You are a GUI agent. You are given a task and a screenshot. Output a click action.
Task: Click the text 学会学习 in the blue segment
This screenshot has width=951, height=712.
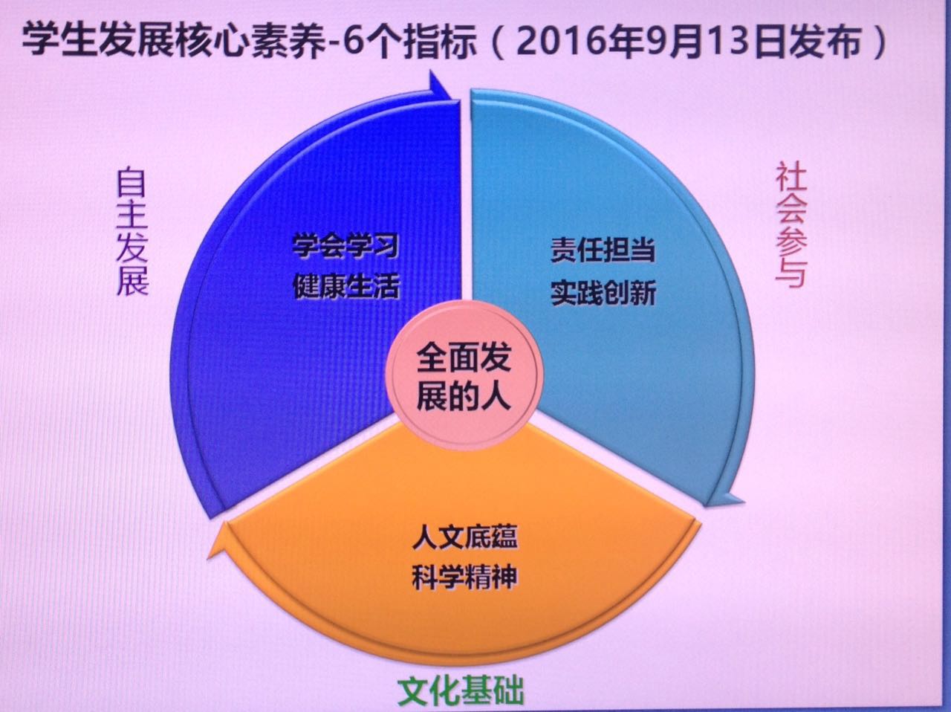click(x=345, y=245)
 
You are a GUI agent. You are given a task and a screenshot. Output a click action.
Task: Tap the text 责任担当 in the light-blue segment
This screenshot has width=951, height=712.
click(x=603, y=250)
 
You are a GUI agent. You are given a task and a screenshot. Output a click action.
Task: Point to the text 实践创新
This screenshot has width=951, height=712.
click(x=603, y=293)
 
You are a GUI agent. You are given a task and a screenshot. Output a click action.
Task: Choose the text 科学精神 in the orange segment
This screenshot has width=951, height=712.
click(x=464, y=578)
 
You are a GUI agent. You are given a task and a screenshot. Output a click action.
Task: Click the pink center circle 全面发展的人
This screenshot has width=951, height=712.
click(x=464, y=376)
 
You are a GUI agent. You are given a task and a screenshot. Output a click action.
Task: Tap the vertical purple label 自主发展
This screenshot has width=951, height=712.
click(x=132, y=231)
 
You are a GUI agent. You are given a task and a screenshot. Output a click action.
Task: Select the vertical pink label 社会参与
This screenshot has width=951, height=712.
click(x=791, y=225)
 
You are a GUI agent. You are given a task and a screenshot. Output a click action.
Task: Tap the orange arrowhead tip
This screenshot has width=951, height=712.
click(x=208, y=557)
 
